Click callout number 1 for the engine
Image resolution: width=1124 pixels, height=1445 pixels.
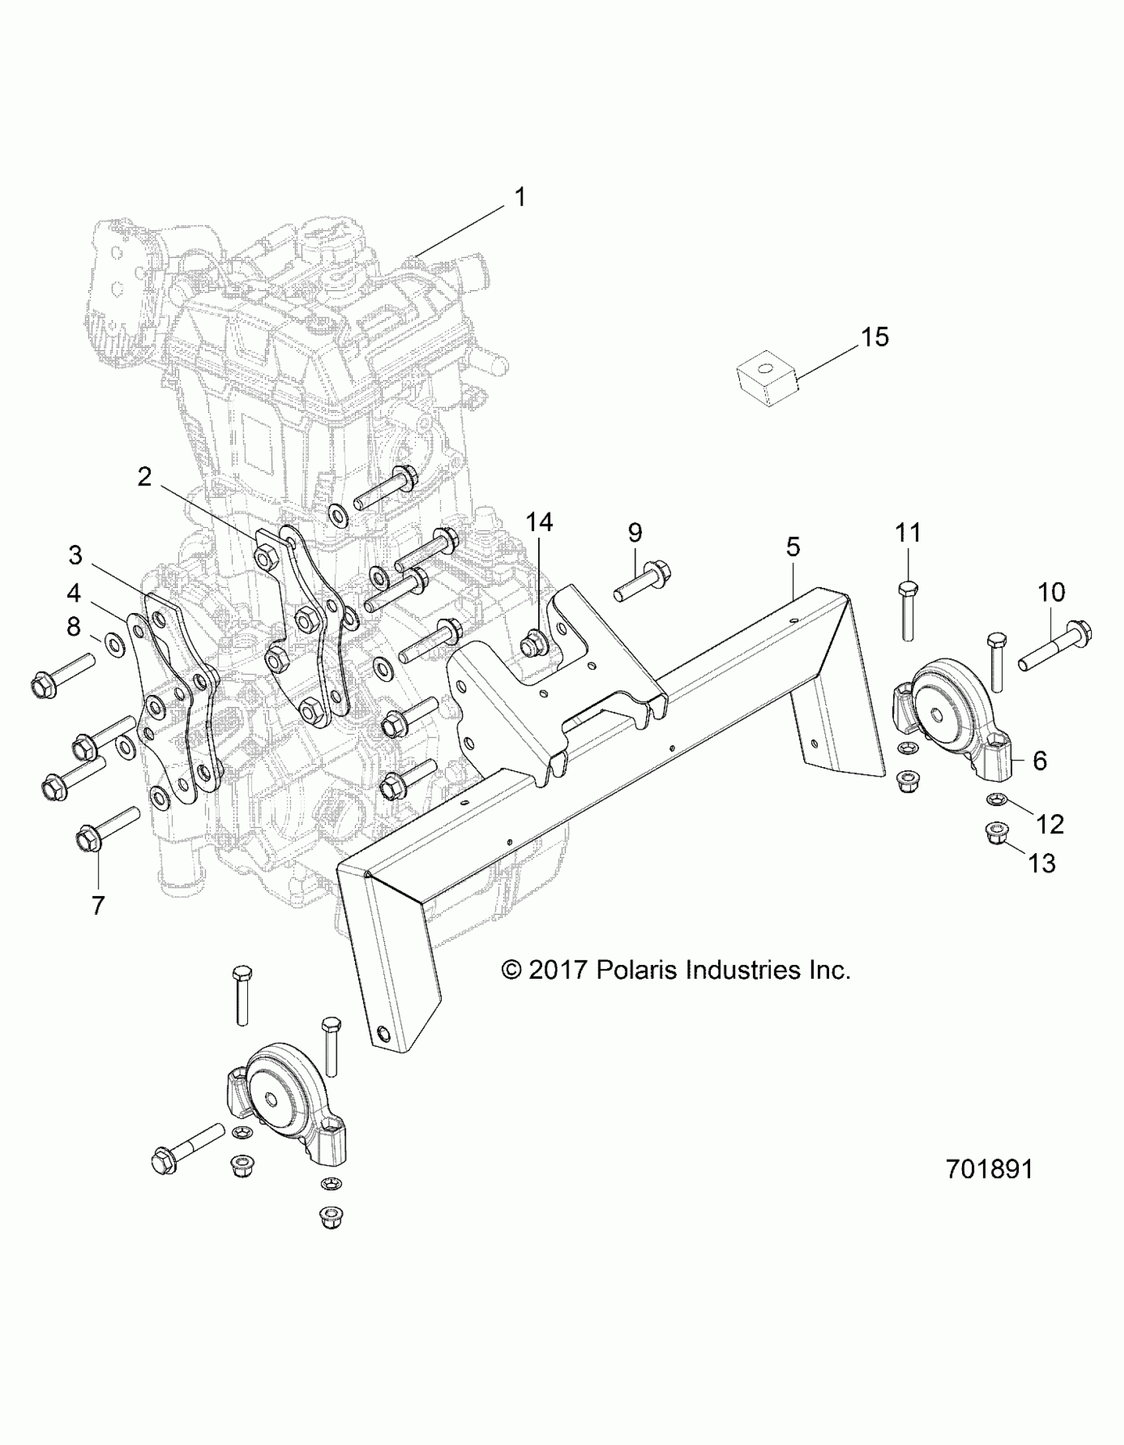[x=520, y=197]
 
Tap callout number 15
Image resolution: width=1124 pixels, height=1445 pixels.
[x=874, y=337]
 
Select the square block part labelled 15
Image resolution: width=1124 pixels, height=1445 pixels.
[x=767, y=378]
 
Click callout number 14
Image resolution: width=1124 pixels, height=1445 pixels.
[x=539, y=522]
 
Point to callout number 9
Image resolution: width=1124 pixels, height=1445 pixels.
[x=635, y=532]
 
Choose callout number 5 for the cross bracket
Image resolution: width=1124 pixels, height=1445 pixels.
[x=793, y=546]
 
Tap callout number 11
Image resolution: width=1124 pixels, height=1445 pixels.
[x=908, y=532]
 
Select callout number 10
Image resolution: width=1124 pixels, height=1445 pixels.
[x=1051, y=592]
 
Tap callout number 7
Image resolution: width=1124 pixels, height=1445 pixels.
[x=98, y=905]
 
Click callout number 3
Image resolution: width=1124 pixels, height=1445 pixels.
[x=75, y=556]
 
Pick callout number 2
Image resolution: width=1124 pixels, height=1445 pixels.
[x=144, y=476]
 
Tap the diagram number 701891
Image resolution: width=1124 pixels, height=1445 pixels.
[x=989, y=1169]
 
